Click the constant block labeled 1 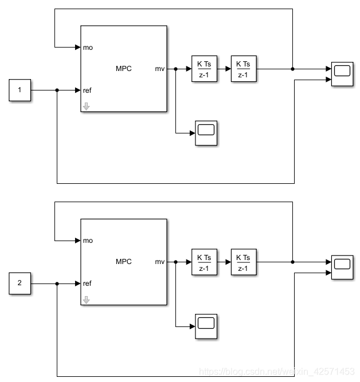[x=19, y=90]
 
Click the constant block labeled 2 [x=19, y=283]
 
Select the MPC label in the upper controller [x=123, y=69]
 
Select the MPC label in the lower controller [x=123, y=262]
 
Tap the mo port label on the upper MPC [x=88, y=47]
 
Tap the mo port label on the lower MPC [x=88, y=240]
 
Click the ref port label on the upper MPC [x=87, y=90]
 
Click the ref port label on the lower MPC [x=87, y=283]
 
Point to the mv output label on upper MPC [x=159, y=69]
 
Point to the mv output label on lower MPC [x=159, y=262]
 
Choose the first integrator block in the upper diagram [x=204, y=69]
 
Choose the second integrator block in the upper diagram [x=243, y=69]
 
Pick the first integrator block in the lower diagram [x=204, y=262]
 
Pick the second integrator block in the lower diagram [x=243, y=262]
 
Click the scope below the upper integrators [x=206, y=133]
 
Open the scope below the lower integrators [x=206, y=326]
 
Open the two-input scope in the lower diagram [x=342, y=267]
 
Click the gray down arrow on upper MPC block [x=86, y=106]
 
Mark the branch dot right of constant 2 [x=57, y=283]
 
